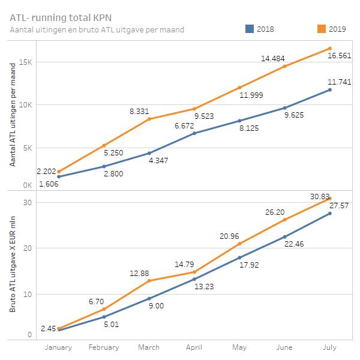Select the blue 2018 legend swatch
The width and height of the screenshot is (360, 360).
coord(250,29)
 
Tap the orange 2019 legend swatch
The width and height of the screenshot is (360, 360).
coord(322,29)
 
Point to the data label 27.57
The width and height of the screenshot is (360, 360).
coord(339,205)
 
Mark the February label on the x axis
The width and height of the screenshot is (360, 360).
coord(103,347)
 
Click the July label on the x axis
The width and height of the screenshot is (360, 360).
coord(330,347)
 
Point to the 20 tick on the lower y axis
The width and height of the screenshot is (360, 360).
coord(27,248)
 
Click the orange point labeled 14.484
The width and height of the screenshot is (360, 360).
coord(284,66)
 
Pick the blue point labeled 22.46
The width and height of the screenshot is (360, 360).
coord(284,236)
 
